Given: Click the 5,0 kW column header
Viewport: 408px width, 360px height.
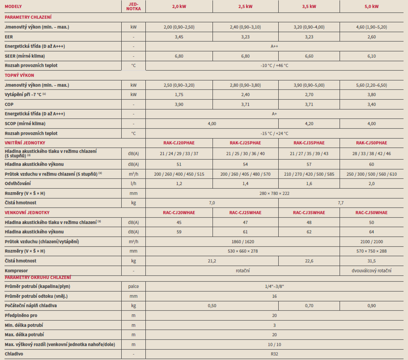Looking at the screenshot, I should [x=372, y=6].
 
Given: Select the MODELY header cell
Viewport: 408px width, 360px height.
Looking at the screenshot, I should [x=13, y=6].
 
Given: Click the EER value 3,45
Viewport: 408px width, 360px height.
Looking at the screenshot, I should [x=179, y=37].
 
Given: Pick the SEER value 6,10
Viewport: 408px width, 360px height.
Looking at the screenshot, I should [x=372, y=56].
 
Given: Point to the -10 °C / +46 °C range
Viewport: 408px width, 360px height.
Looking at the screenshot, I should [x=274, y=65].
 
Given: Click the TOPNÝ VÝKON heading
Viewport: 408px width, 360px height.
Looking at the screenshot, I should [x=19, y=75].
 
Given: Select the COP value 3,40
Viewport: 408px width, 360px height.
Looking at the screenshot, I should [x=372, y=104].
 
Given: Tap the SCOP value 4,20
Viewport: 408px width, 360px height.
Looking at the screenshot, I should [x=309, y=123].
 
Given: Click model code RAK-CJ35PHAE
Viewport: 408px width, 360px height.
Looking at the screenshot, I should [x=309, y=143].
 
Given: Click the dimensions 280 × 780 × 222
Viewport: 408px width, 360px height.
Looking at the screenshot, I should [x=274, y=193].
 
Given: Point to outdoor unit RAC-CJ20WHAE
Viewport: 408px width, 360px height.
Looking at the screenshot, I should [x=179, y=213].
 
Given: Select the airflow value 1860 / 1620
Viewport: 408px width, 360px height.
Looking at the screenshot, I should [x=242, y=241].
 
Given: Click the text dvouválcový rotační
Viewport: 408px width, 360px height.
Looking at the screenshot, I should [x=372, y=271].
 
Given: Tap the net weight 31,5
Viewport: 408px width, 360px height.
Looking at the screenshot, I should [x=372, y=261].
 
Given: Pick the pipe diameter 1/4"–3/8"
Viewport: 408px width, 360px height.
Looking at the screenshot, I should [x=274, y=286].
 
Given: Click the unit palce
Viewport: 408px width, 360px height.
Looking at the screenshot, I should [x=133, y=286].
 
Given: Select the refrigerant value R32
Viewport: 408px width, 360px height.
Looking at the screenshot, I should [x=274, y=354].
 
